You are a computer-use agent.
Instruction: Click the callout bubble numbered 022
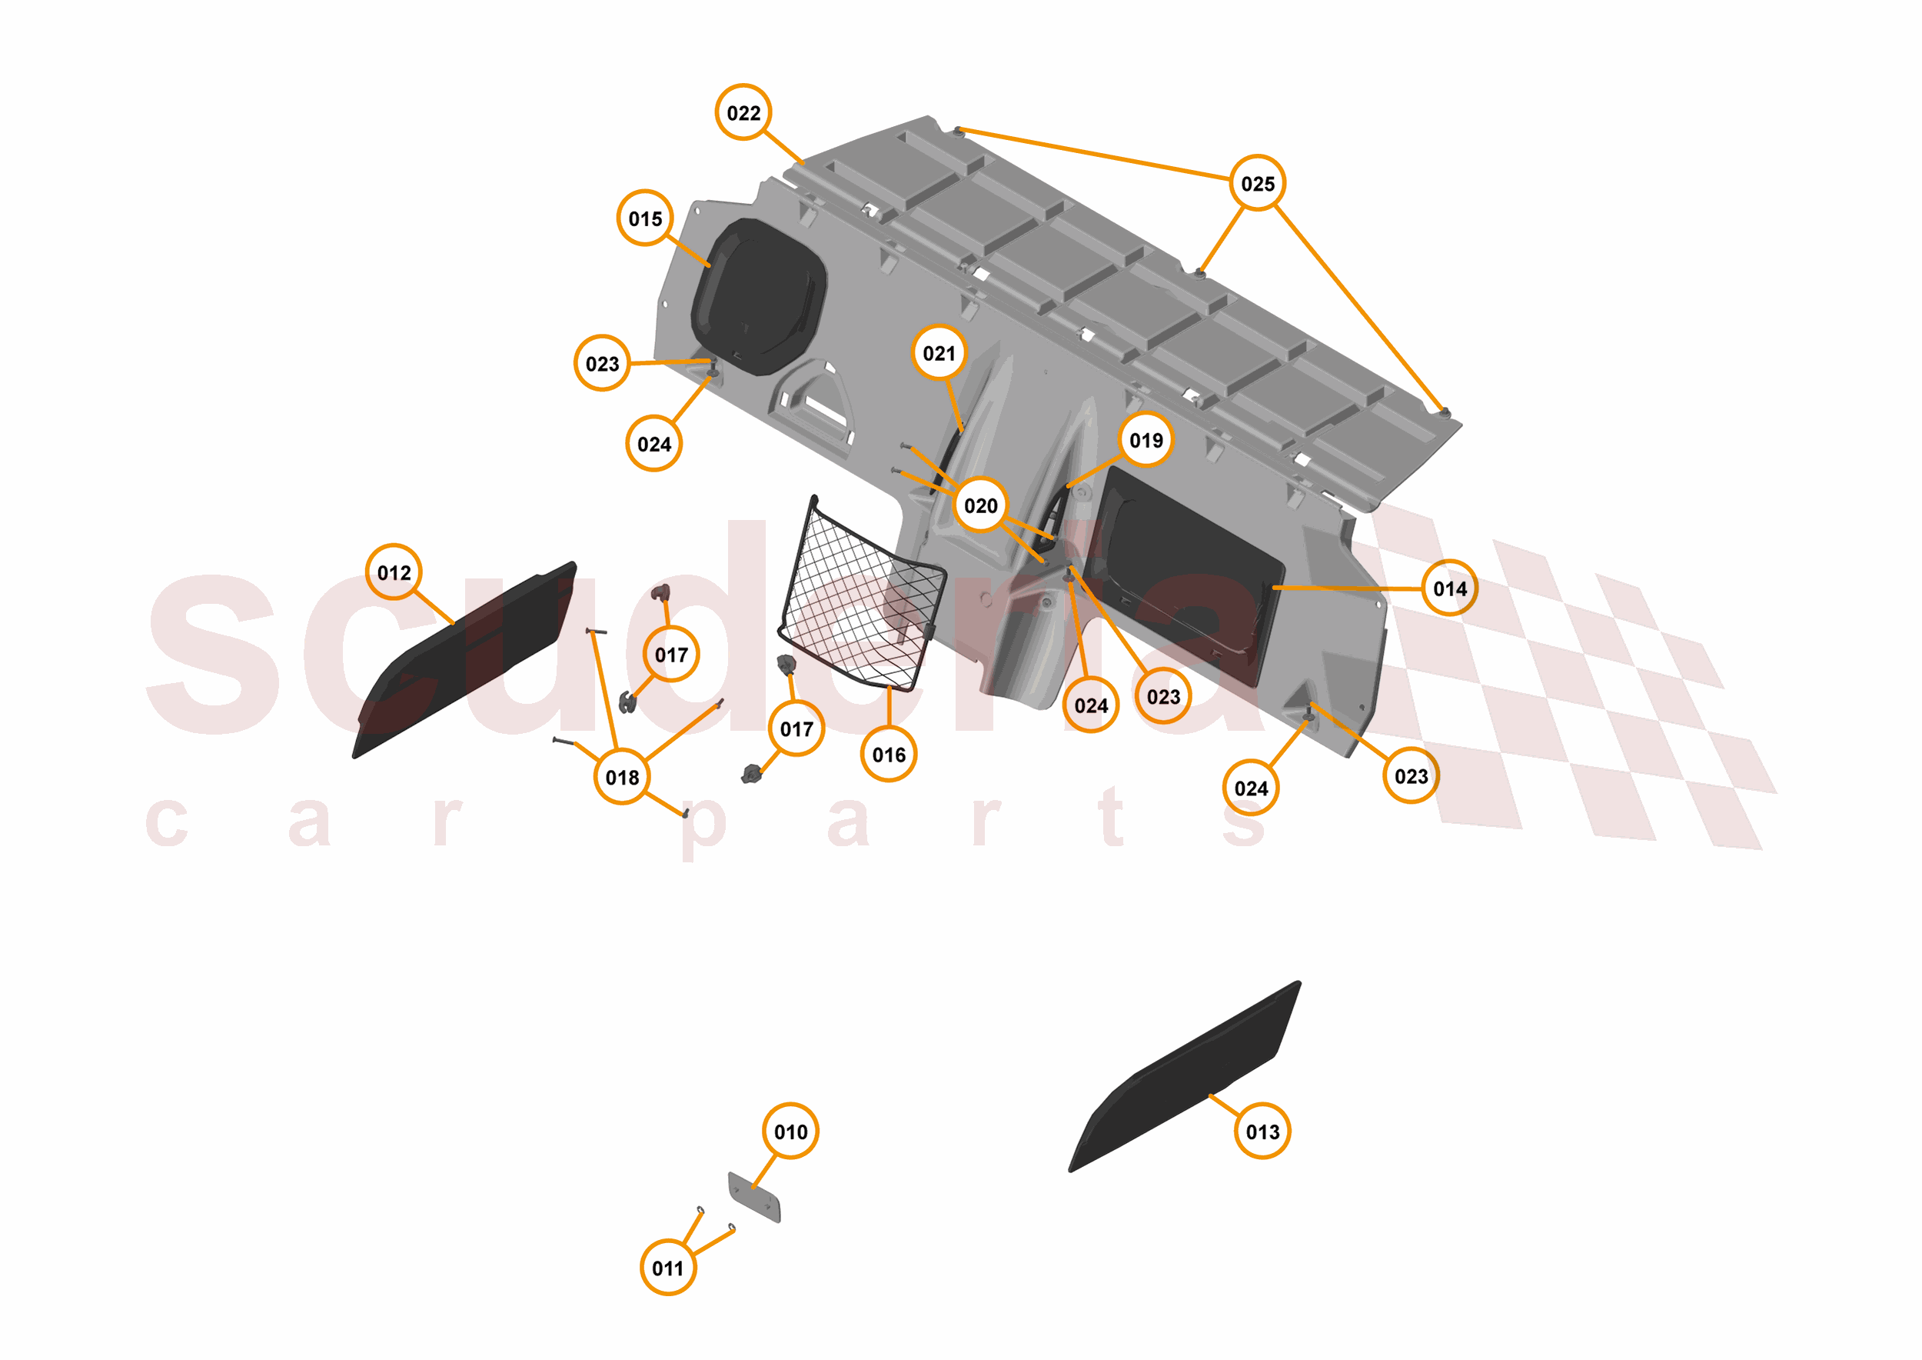coord(743,112)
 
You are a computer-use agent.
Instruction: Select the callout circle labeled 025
coord(1257,182)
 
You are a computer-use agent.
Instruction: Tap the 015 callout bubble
coord(644,218)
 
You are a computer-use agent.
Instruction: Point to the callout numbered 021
coord(939,352)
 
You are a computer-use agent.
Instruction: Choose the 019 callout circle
coord(1146,440)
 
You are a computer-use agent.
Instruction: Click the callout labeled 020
coord(980,505)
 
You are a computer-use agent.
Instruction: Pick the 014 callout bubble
coord(1450,588)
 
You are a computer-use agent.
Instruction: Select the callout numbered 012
coord(394,572)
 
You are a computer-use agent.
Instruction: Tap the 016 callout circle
coord(888,754)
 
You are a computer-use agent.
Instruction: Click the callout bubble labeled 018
coord(622,777)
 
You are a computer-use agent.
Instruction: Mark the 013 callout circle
coord(1262,1132)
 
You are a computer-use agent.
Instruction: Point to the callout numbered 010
coord(790,1132)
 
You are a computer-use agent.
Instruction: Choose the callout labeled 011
coord(667,1268)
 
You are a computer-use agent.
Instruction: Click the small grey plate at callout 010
coord(754,1198)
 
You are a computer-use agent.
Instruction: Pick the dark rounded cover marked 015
coord(757,296)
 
